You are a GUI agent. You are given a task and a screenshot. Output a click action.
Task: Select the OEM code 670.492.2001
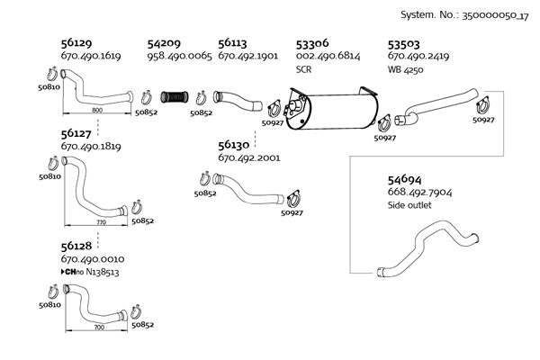coord(248,158)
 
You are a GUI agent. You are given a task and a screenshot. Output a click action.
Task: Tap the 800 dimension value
coord(97,110)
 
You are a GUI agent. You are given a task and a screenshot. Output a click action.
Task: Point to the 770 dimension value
coord(101,220)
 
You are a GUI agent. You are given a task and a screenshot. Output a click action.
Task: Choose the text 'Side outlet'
coord(409,205)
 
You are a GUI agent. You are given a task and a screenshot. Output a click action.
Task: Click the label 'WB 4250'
coord(406,68)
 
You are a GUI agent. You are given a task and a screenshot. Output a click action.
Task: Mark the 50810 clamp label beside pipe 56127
coord(49,177)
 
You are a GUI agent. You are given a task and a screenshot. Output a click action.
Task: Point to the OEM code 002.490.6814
coord(328,56)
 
